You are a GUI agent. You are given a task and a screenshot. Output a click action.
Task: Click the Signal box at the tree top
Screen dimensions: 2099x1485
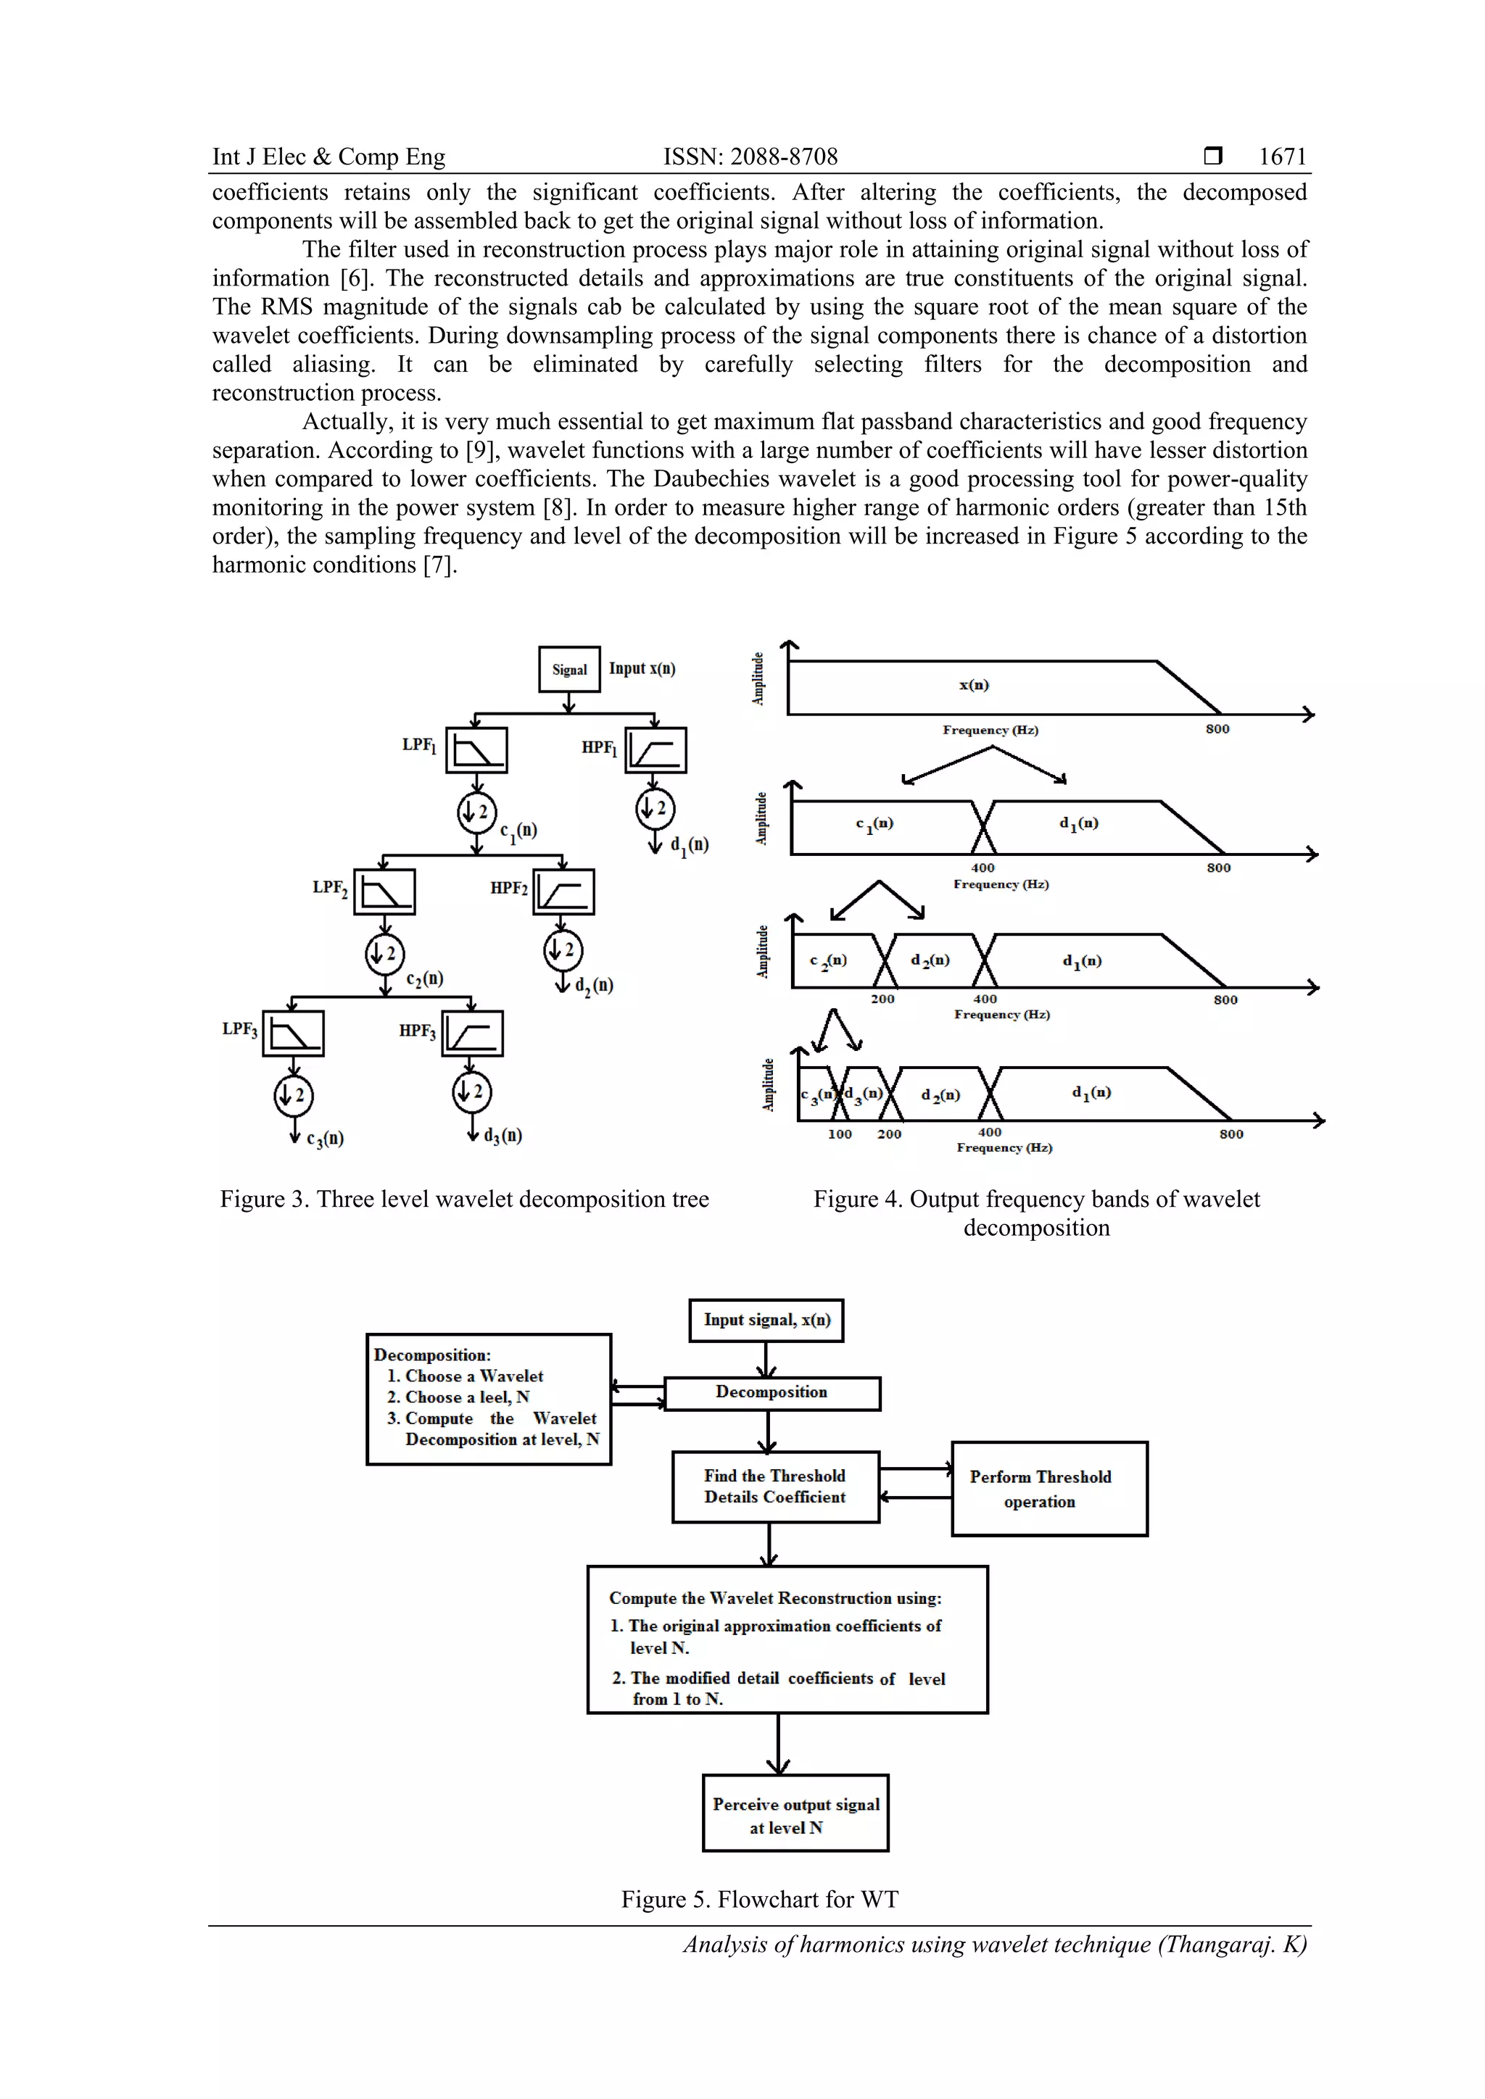coord(568,669)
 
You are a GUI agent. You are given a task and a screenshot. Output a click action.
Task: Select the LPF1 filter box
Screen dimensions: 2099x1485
coord(476,751)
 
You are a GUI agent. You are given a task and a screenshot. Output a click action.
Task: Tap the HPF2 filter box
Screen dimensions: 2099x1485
coord(564,891)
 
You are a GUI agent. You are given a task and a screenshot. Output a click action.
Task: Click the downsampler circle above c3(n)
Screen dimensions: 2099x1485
coord(294,1095)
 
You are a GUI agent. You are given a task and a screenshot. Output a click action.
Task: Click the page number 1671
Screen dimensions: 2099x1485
coord(1282,157)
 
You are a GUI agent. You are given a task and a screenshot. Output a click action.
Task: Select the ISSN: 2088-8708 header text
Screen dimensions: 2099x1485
coord(750,157)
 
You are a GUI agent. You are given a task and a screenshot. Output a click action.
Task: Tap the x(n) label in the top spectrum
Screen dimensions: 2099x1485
coord(974,685)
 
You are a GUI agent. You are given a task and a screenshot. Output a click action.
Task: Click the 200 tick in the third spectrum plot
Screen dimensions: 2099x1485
coord(882,999)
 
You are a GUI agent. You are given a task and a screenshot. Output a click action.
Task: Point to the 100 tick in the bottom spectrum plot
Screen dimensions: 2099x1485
coord(840,1134)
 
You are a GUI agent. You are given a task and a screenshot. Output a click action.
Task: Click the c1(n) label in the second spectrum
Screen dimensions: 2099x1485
coord(874,823)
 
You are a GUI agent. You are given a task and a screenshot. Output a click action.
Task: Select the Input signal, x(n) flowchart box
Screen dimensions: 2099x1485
coord(766,1320)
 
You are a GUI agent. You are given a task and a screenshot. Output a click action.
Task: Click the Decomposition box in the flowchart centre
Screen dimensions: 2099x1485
coord(772,1393)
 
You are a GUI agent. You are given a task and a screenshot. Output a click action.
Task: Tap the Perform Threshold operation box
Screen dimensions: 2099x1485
coord(1048,1488)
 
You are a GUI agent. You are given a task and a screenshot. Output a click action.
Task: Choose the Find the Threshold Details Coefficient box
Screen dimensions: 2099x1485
coord(774,1487)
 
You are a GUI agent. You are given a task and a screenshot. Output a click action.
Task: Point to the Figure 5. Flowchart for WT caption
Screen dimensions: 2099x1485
coord(759,1900)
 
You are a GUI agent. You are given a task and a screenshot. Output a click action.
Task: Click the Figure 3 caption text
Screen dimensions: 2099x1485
coord(465,1200)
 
